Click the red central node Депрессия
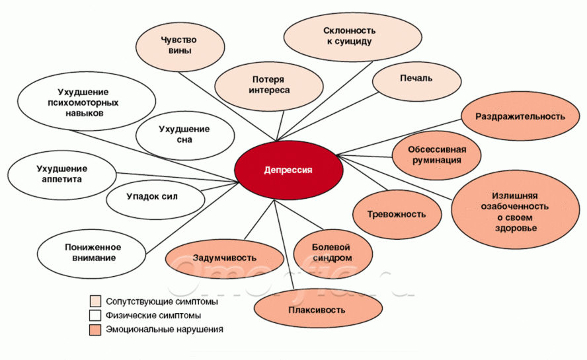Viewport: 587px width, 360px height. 289,170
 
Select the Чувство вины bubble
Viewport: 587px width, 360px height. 180,46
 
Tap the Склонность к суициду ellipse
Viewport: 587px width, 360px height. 352,37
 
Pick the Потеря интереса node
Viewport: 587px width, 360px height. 269,86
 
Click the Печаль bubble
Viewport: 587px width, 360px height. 416,80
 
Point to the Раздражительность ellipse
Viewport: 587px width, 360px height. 520,116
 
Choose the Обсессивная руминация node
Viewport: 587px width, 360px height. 436,155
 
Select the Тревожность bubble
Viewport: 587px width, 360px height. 397,215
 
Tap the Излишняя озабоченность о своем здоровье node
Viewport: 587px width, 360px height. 515,212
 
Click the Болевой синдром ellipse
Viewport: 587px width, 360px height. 333,253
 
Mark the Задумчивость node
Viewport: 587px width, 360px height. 225,258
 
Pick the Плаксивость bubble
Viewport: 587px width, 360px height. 318,309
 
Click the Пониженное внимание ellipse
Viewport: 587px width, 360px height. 92,254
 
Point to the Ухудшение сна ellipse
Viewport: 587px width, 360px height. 185,135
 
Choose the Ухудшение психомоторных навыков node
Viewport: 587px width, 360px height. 86,102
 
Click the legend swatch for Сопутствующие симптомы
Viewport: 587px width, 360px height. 95,301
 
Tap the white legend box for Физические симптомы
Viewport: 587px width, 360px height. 95,315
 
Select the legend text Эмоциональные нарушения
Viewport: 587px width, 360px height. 165,330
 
